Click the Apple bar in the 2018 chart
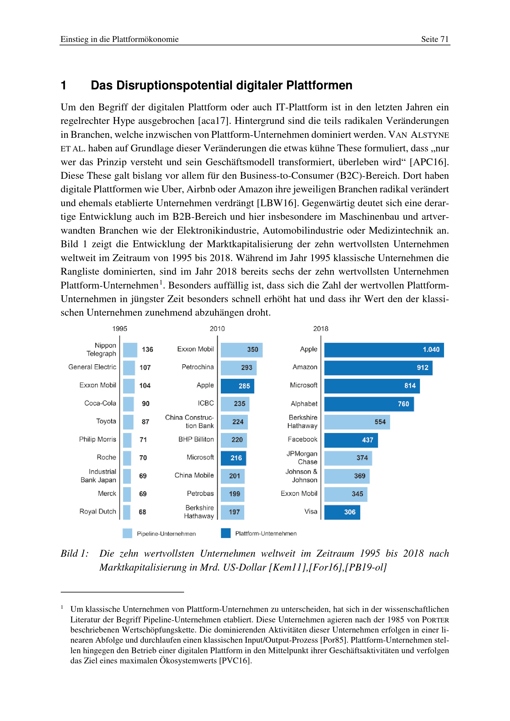pyautogui.click(x=384, y=350)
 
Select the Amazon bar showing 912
pyautogui.click(x=378, y=368)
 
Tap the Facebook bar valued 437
pyautogui.click(x=351, y=440)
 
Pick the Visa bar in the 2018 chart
pyautogui.click(x=342, y=512)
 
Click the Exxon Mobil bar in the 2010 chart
pyautogui.click(x=241, y=350)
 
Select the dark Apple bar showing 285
pyautogui.click(x=237, y=386)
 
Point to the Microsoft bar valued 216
pyautogui.click(x=233, y=458)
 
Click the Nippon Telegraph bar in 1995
pyautogui.click(x=130, y=350)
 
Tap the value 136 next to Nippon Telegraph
pyautogui.click(x=147, y=350)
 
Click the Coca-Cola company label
pyautogui.click(x=100, y=403)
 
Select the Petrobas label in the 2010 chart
pyautogui.click(x=200, y=493)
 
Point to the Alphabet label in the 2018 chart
pyautogui.click(x=304, y=404)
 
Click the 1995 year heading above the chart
pyautogui.click(x=120, y=329)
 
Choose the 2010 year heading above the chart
pyautogui.click(x=217, y=329)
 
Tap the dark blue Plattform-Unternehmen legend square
pyautogui.click(x=225, y=533)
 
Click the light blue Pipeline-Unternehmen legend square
pyautogui.click(x=127, y=533)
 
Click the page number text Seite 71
pyautogui.click(x=435, y=39)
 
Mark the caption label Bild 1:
pyautogui.click(x=75, y=553)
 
